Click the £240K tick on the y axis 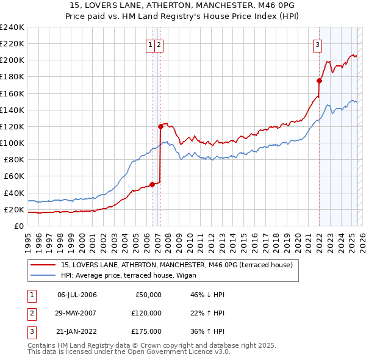point(12,27)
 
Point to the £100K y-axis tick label point(12,143)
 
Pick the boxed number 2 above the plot point(159,44)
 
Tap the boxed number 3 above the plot point(318,44)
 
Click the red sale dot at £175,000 point(319,81)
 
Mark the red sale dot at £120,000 point(160,126)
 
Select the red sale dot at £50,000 point(152,184)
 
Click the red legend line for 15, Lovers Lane point(43,265)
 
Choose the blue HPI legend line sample point(43,275)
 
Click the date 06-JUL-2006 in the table point(77,295)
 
